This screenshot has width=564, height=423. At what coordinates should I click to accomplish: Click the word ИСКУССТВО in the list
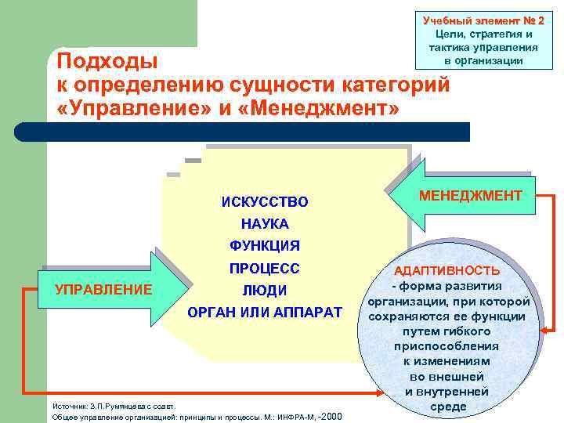pyautogui.click(x=264, y=202)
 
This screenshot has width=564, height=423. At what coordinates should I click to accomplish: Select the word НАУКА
pyautogui.click(x=264, y=224)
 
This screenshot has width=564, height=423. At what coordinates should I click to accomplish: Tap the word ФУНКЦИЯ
pyautogui.click(x=264, y=246)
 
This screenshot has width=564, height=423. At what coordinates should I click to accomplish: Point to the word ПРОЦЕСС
pyautogui.click(x=264, y=268)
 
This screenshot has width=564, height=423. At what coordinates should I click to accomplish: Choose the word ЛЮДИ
pyautogui.click(x=264, y=290)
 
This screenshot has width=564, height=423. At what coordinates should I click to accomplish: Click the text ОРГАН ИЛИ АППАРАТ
pyautogui.click(x=264, y=312)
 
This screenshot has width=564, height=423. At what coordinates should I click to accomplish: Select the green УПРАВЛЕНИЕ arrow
pyautogui.click(x=102, y=289)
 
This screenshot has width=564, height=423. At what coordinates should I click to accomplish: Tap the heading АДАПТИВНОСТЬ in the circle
pyautogui.click(x=446, y=271)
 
